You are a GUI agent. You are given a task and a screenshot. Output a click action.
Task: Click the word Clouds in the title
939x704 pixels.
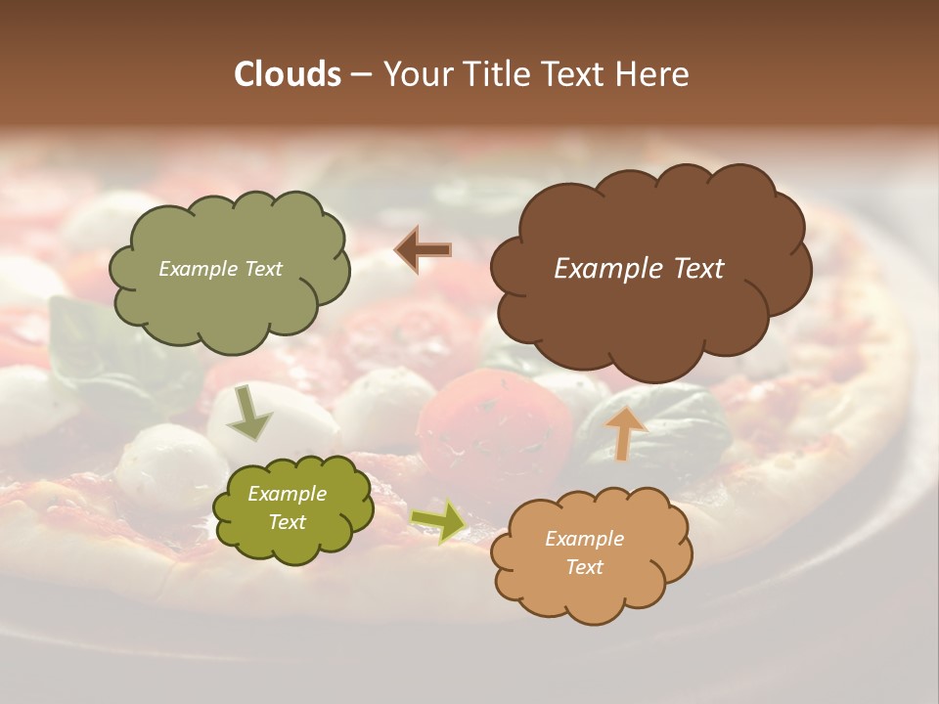[x=287, y=74]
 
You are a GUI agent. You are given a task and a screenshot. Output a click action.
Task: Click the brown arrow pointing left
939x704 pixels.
[x=424, y=250]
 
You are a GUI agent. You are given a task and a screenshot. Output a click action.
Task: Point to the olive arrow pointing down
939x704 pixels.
[x=249, y=412]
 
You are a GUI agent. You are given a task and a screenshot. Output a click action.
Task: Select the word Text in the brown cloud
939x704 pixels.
[x=698, y=269]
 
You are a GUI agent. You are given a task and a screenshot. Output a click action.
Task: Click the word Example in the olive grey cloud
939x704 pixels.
[x=198, y=269]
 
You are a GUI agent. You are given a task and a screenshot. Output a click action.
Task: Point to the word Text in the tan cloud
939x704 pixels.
[x=585, y=567]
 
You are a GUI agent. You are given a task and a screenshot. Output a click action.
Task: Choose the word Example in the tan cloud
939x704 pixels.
[x=585, y=539]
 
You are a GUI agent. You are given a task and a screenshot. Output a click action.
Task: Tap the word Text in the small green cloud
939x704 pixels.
[x=288, y=522]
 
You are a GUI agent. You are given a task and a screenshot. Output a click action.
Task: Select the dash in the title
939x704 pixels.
[x=361, y=74]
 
